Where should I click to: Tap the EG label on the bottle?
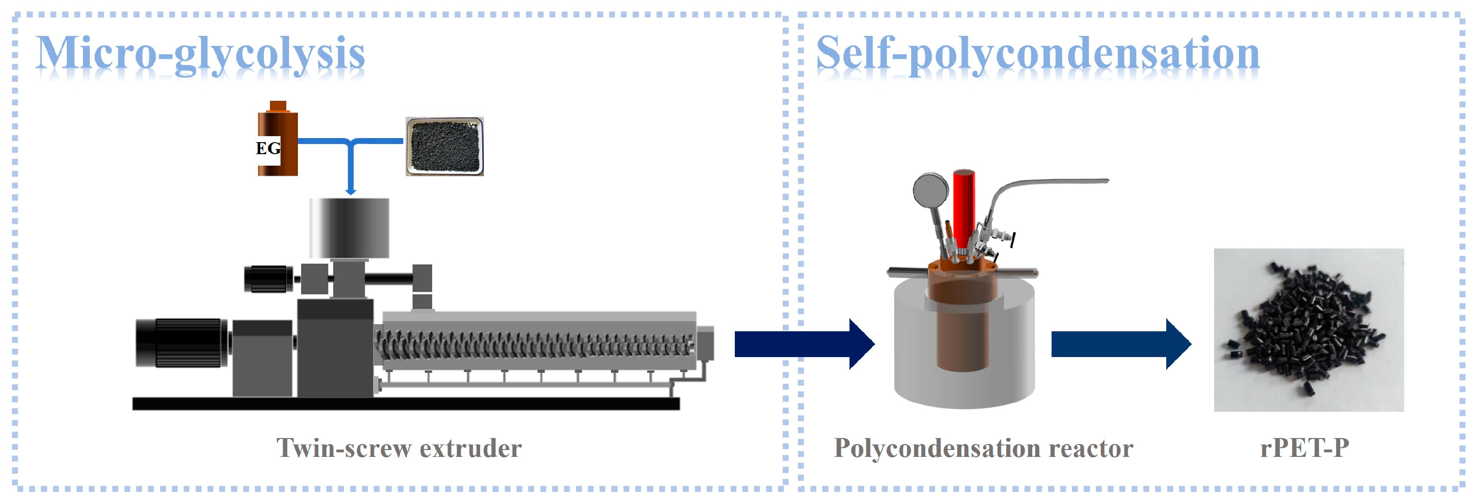click(268, 149)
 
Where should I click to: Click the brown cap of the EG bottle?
click(278, 106)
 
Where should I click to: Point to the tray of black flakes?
click(444, 146)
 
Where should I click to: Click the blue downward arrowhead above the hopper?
click(351, 191)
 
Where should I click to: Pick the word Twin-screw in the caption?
click(343, 448)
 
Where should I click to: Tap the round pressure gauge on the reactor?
click(930, 191)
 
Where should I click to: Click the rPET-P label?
click(1304, 448)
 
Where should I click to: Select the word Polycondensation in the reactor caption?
click(936, 448)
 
